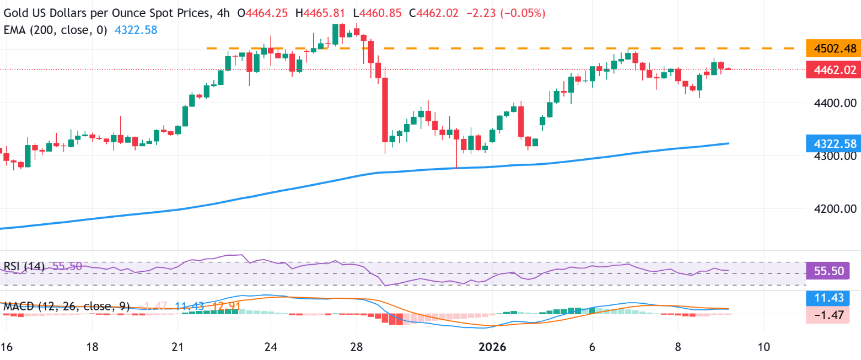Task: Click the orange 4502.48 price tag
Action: click(x=831, y=49)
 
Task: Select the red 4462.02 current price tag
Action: click(x=831, y=70)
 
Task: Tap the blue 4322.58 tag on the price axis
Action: click(x=831, y=143)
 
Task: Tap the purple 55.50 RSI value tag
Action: click(x=831, y=271)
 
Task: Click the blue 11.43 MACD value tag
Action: click(x=831, y=298)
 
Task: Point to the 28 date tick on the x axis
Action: click(x=357, y=347)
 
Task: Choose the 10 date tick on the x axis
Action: click(x=764, y=347)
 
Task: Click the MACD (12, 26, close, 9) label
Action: click(x=66, y=306)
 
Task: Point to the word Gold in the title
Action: click(x=16, y=13)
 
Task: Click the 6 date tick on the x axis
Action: click(x=591, y=347)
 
